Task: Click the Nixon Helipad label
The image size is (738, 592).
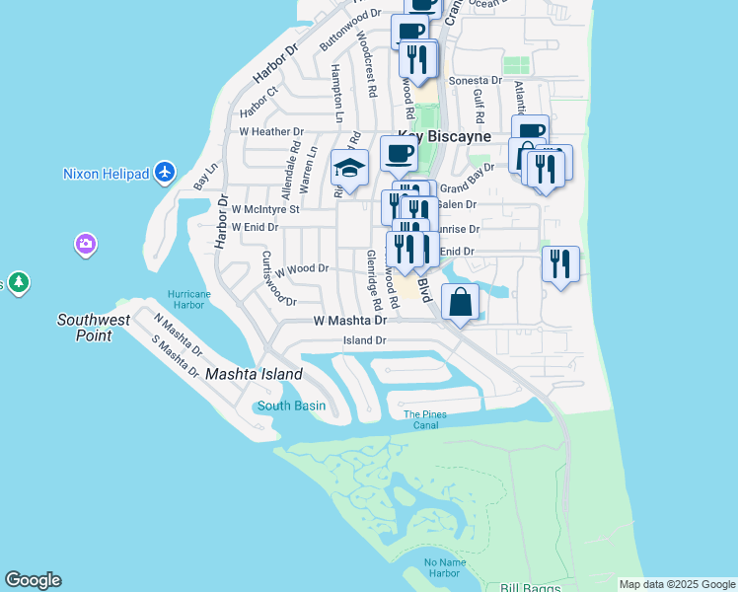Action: (106, 174)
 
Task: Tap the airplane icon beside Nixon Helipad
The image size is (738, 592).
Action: (165, 174)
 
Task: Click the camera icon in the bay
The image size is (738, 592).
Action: (86, 244)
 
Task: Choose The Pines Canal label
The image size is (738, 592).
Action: (425, 420)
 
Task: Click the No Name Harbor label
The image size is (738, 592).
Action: (443, 568)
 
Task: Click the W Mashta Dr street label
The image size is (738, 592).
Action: (349, 321)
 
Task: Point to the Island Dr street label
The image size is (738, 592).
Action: (364, 340)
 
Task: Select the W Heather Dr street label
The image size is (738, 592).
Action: (271, 131)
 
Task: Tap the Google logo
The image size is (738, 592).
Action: (33, 580)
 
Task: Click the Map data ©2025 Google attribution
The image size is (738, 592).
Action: (677, 584)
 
